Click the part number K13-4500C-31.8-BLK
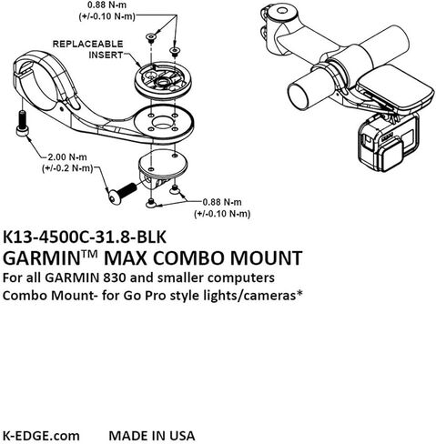click(85, 237)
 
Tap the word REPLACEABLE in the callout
click(88, 44)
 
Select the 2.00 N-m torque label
click(67, 157)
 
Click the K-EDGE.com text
click(41, 436)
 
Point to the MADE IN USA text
click(152, 436)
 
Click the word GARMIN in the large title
click(42, 258)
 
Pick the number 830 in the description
click(115, 277)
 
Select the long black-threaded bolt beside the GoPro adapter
click(122, 193)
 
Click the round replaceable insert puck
click(163, 80)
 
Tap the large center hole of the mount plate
click(163, 122)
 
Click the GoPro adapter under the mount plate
click(163, 167)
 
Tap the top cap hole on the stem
click(282, 11)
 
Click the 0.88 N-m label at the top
click(106, 5)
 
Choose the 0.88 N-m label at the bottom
click(222, 202)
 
